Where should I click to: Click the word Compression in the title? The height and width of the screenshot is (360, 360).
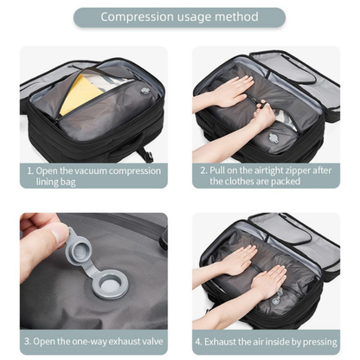click(137, 17)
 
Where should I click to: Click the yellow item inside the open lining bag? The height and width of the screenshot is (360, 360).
click(80, 93)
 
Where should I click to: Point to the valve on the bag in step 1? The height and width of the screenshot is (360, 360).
click(145, 92)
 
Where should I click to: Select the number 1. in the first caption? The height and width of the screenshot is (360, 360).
click(30, 170)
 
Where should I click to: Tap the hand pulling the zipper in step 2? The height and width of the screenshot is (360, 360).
click(264, 114)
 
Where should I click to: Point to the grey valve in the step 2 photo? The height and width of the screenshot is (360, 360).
click(273, 138)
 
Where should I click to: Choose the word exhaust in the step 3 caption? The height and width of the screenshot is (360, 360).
click(125, 342)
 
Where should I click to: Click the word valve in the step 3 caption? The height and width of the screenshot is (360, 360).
click(153, 342)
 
